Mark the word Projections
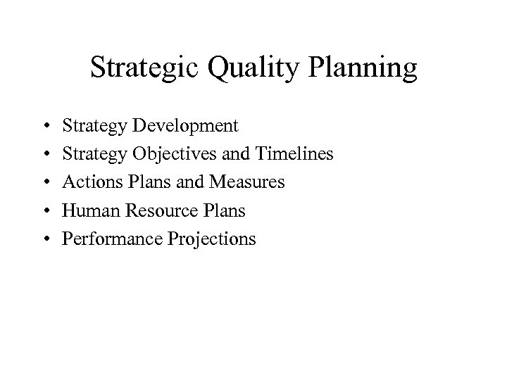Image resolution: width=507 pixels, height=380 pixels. point(212,239)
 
